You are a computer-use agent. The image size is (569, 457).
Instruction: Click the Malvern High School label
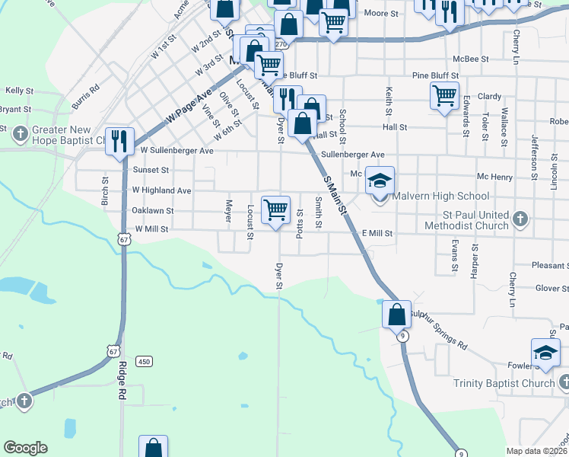pos(440,197)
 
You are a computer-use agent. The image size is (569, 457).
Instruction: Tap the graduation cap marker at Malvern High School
pos(380,181)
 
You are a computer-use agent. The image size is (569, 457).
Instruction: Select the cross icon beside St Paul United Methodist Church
pos(520,219)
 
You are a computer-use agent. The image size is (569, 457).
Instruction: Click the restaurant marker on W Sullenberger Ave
pos(119,140)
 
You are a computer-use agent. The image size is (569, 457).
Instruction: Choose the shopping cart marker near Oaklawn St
pos(275,209)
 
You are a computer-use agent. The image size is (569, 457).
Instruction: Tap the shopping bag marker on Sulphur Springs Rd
pos(396,313)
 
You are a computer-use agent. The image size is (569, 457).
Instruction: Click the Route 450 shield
pos(144,360)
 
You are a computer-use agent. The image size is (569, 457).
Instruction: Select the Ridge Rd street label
pos(122,381)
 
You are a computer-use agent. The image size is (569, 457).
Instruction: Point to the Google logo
pos(25,448)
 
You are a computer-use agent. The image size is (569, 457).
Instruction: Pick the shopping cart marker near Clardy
pos(444,96)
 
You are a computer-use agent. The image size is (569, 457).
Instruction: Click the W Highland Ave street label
pos(161,190)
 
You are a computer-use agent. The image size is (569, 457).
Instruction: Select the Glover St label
pos(552,289)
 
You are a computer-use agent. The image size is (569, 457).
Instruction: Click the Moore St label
pos(381,14)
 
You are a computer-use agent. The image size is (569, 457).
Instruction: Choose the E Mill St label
pos(377,233)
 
